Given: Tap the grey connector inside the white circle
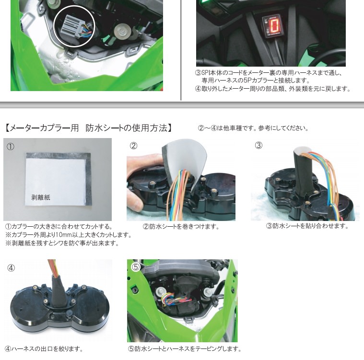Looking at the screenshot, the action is click(x=72, y=25).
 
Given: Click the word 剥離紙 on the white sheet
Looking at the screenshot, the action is click(x=41, y=197).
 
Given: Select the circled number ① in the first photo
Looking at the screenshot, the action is click(x=11, y=147).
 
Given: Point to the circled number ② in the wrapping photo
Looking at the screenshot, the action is click(x=133, y=146).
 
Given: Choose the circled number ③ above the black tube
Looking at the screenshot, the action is click(x=258, y=145).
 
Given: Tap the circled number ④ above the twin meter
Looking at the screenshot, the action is click(x=11, y=268).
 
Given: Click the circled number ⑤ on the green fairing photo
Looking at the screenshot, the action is click(x=136, y=267).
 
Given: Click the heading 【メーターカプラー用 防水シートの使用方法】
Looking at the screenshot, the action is click(x=88, y=128).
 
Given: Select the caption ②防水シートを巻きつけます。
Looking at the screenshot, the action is click(x=181, y=226).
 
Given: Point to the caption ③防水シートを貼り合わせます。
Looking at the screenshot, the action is click(x=307, y=226).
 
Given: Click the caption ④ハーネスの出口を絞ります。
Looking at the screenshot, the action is click(x=44, y=349).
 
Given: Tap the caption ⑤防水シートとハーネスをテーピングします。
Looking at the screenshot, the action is click(x=185, y=348).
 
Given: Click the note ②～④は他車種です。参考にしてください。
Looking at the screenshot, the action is click(x=253, y=128).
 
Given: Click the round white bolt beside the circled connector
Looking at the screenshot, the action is click(x=122, y=31).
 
